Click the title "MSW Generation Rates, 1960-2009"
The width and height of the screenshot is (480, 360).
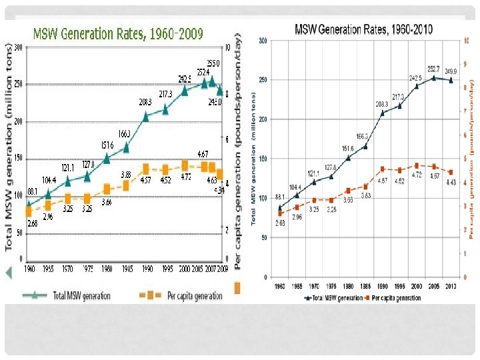pyautogui.click(x=118, y=33)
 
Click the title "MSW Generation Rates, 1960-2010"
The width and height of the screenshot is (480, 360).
pyautogui.click(x=363, y=29)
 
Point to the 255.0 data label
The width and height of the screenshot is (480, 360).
pyautogui.click(x=213, y=63)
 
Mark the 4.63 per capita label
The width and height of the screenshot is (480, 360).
pyautogui.click(x=211, y=179)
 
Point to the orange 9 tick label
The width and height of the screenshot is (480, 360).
pyautogui.click(x=465, y=64)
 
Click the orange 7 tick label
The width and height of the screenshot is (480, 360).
pyautogui.click(x=465, y=111)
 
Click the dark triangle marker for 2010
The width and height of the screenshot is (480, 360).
pyautogui.click(x=451, y=80)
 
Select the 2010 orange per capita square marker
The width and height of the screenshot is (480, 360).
pyautogui.click(x=451, y=172)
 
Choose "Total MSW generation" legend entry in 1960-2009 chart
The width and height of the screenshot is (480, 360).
pyautogui.click(x=67, y=294)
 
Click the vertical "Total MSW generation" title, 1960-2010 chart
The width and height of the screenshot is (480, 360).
pyautogui.click(x=253, y=157)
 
